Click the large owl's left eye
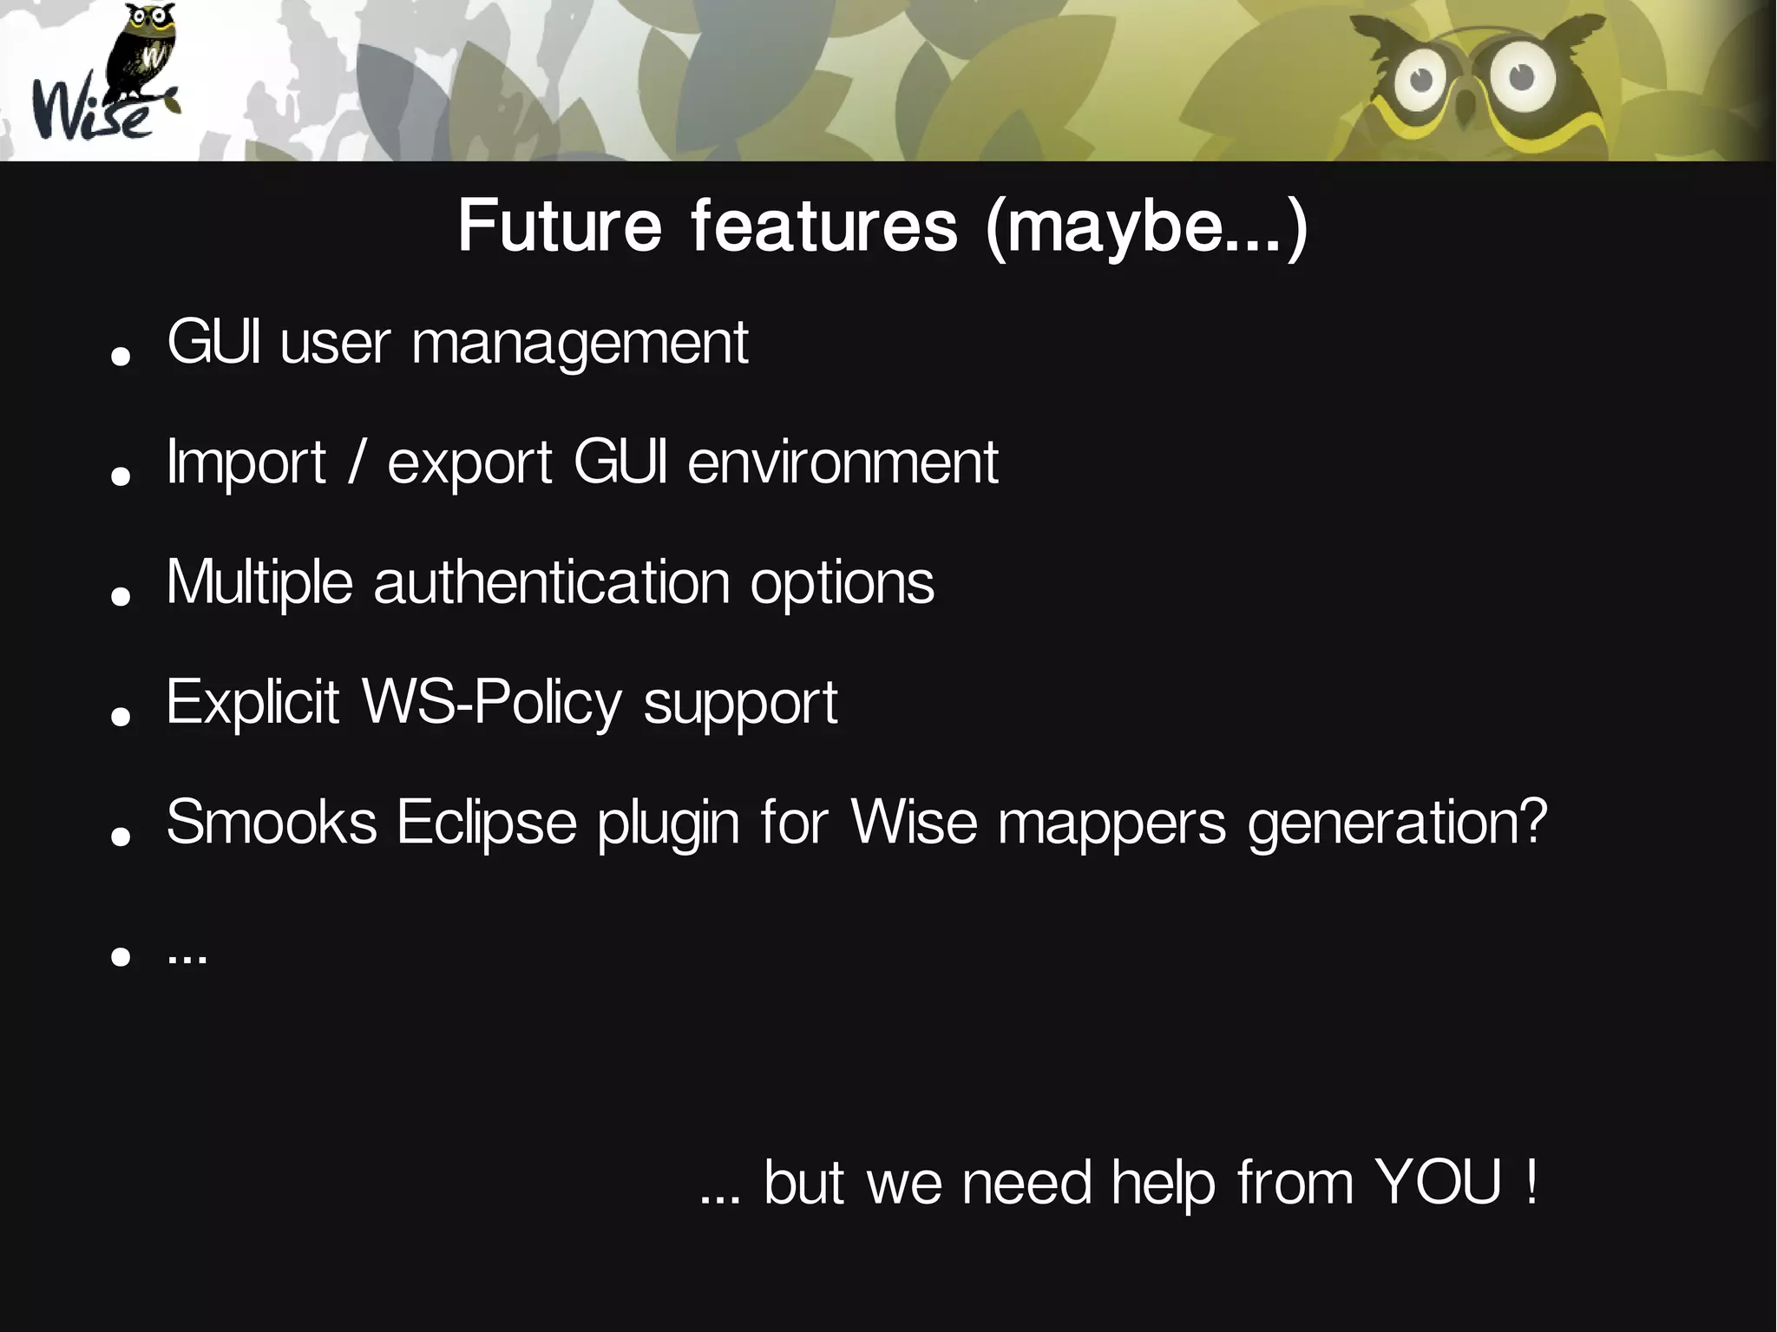[1420, 80]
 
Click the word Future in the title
[560, 226]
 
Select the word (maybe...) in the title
[1145, 227]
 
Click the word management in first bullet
[580, 344]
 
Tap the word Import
[246, 463]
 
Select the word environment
[843, 463]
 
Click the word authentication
[552, 582]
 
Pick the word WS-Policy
[492, 702]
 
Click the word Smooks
[271, 822]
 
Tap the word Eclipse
[487, 822]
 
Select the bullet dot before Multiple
[121, 596]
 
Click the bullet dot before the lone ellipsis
[121, 956]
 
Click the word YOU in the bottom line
[1439, 1182]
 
